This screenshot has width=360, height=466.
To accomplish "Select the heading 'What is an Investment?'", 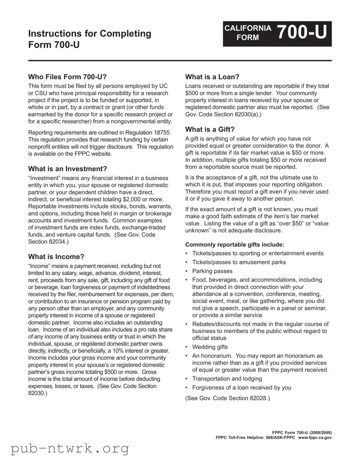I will (68, 169).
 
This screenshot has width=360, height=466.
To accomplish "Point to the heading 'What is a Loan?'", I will (212, 76).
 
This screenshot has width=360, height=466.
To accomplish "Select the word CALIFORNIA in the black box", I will (248, 28).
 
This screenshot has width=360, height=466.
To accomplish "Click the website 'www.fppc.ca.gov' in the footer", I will (315, 438).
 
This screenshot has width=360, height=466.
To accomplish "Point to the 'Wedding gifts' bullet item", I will (210, 347).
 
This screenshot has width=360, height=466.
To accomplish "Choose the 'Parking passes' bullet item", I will (212, 271).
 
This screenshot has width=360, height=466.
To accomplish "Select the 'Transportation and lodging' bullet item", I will (227, 378).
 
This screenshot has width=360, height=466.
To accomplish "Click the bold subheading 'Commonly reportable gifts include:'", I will (234, 245).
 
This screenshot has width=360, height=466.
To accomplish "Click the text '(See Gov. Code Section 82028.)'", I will (227, 398).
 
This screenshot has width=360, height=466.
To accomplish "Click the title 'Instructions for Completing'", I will (89, 33).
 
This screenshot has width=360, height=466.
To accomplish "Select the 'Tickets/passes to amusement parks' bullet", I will (239, 262).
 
